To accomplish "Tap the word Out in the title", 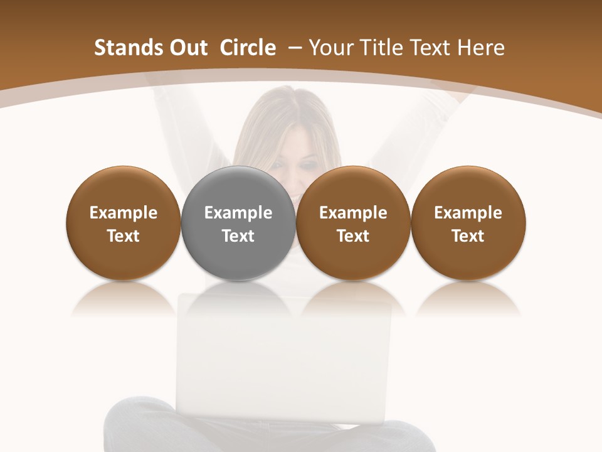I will (x=186, y=48).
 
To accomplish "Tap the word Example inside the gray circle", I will (x=238, y=213).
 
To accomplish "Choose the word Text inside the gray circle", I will (x=238, y=236).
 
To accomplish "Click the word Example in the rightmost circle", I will (x=468, y=213).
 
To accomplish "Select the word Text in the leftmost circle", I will (x=124, y=236).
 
